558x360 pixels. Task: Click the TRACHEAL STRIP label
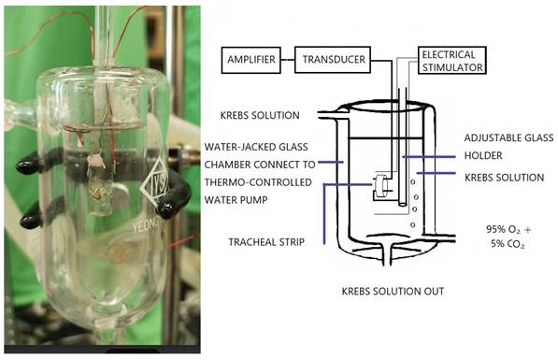265,242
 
